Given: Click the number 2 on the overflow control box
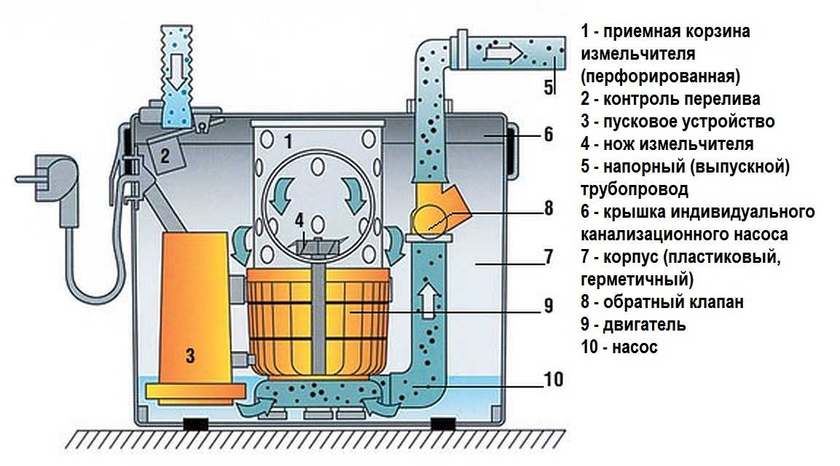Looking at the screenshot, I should point(165,154).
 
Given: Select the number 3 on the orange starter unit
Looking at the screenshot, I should point(190,356).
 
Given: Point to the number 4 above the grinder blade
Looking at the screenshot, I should point(299,218).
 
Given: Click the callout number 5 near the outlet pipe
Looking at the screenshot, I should point(549,87).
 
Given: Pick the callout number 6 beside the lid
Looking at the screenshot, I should point(549,135).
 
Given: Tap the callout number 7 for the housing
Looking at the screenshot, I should point(549,257).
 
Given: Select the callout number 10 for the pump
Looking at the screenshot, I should point(552,379).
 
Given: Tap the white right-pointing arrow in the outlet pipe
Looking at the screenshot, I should point(503,52).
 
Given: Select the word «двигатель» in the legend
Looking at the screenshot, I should point(641,325).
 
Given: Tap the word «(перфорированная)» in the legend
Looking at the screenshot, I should point(661,76).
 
